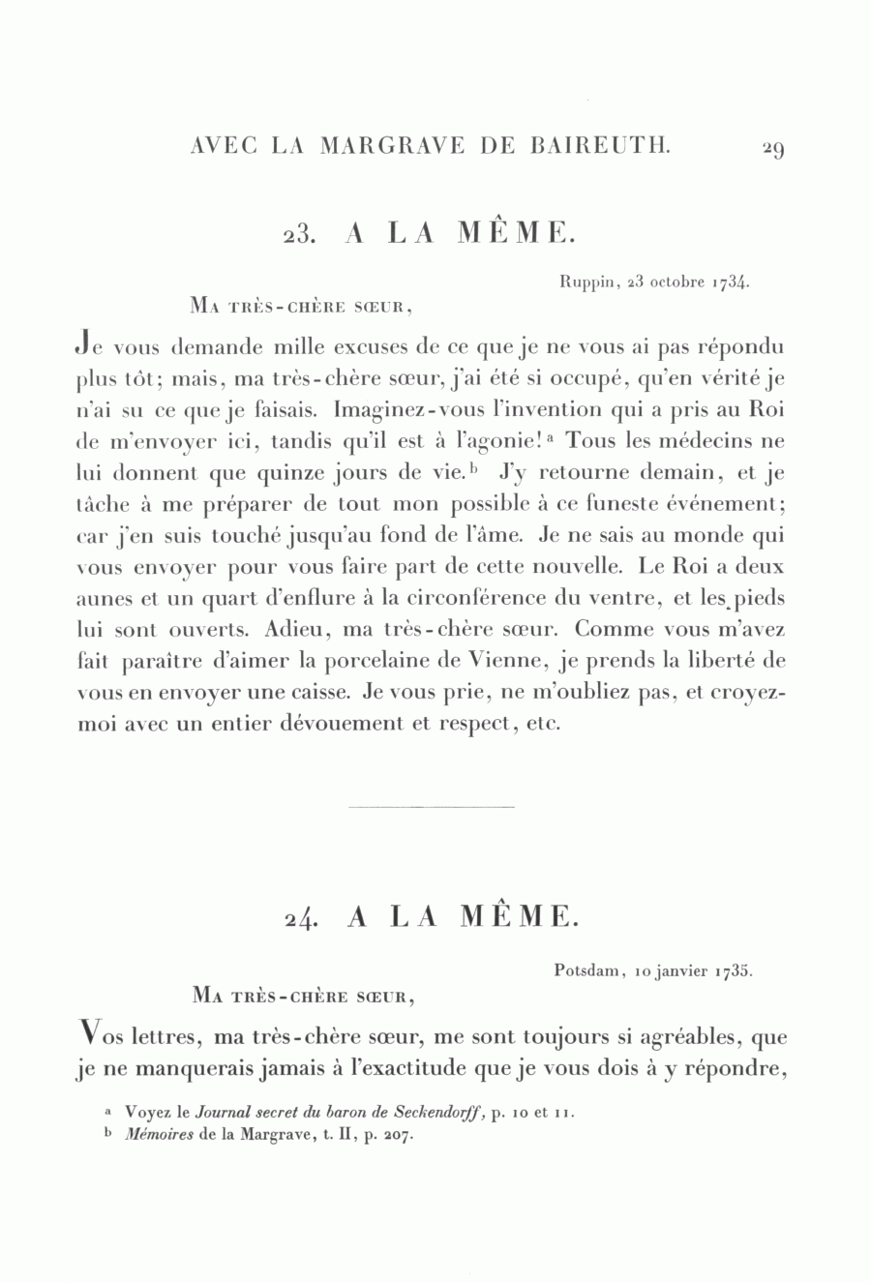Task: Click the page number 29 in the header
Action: coord(772,148)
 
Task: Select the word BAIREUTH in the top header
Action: coord(601,146)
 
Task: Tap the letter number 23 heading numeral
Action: coord(295,236)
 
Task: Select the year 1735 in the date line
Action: coord(735,970)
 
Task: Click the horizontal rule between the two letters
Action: coord(430,806)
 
